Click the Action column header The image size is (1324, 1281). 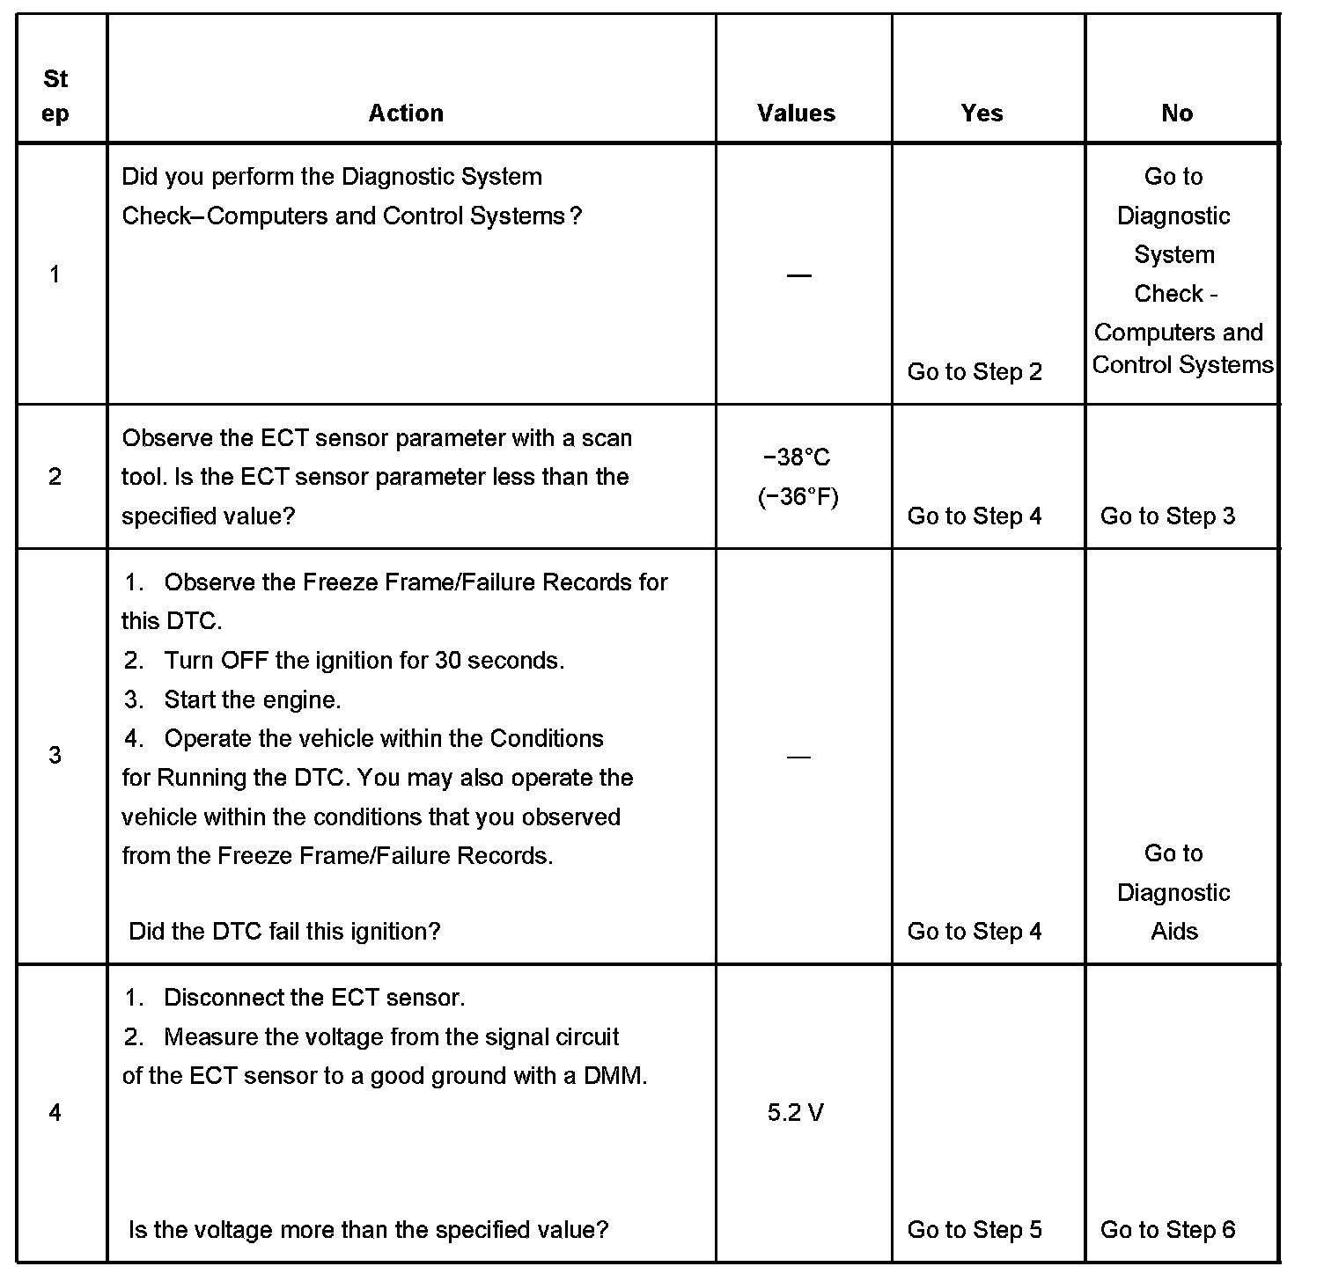pos(406,113)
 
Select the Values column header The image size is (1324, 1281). pos(796,113)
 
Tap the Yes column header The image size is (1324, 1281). pos(982,113)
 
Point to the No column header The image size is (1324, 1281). pos(1177,113)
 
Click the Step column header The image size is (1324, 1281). pos(55,96)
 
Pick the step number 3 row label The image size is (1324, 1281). pos(55,755)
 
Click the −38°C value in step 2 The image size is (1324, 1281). pos(797,457)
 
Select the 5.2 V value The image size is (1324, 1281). pos(796,1113)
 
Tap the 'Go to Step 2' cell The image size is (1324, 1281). pos(975,371)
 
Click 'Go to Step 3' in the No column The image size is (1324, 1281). pos(1167,516)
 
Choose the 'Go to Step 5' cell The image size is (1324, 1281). pos(975,1229)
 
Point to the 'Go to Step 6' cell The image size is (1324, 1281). pos(1167,1229)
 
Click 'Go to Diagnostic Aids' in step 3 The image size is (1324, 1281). pos(1173,892)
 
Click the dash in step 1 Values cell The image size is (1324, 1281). pos(798,275)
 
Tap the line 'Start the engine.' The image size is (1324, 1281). pos(252,699)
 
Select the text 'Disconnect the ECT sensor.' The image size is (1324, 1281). pos(314,997)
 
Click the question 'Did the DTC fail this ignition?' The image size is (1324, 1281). pos(284,931)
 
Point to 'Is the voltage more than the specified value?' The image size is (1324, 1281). pos(369,1229)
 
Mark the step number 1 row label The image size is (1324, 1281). pos(55,274)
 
